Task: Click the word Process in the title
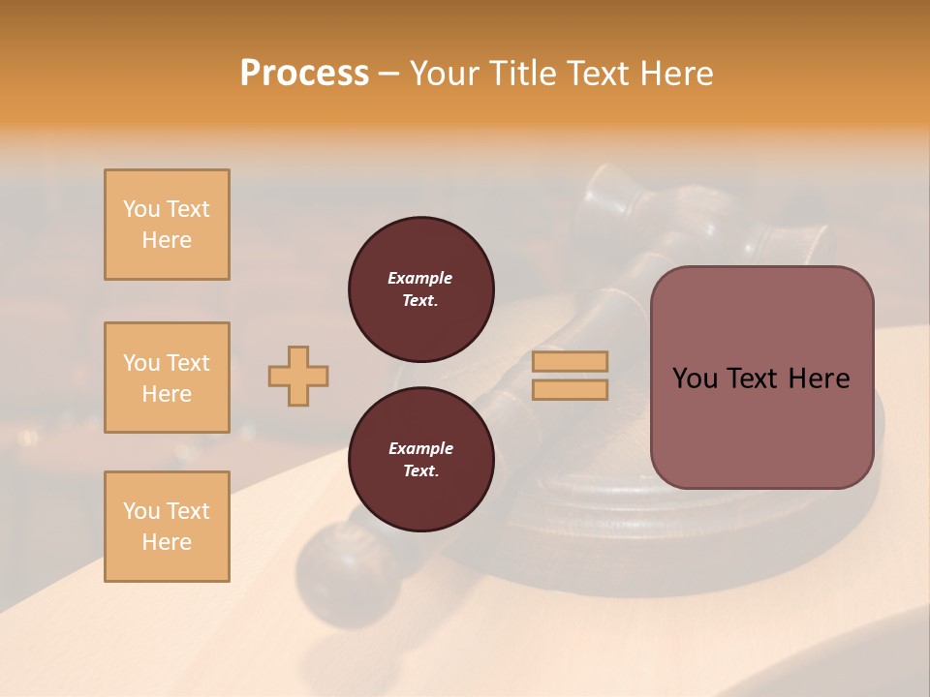click(304, 74)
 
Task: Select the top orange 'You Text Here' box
click(167, 225)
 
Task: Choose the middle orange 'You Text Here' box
click(167, 378)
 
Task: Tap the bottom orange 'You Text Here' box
click(167, 527)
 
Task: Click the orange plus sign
click(298, 376)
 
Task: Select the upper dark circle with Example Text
click(421, 289)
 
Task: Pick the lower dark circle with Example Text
click(421, 460)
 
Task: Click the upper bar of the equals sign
click(571, 361)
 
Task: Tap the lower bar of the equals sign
click(571, 390)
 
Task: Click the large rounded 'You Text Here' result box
click(761, 378)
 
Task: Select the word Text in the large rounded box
click(752, 379)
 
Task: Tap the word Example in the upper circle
click(420, 278)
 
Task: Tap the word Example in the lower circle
click(420, 448)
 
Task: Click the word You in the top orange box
click(141, 209)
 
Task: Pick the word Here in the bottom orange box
click(167, 542)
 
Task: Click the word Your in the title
click(446, 74)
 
